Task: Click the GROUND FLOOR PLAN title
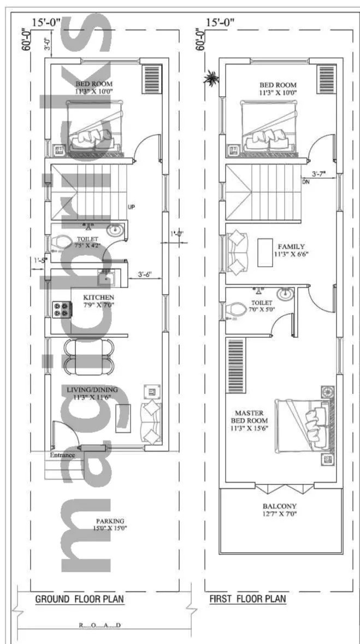79,599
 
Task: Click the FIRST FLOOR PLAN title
247,599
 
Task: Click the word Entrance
62,455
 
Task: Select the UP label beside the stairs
131,207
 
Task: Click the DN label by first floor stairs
305,182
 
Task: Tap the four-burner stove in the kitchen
62,309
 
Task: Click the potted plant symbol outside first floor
210,79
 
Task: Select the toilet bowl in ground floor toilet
59,241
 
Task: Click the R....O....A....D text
100,624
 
